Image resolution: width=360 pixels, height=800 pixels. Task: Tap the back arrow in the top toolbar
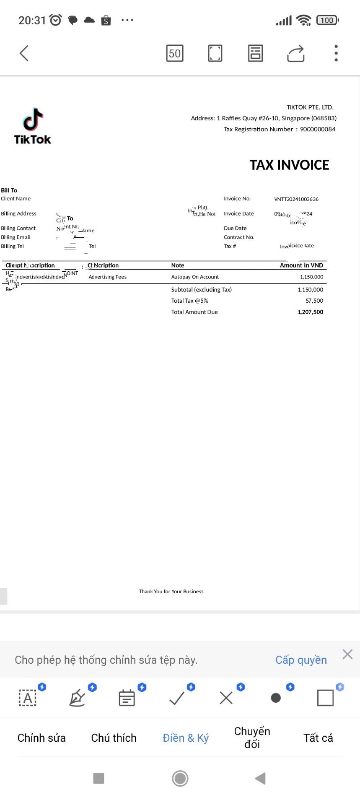pos(24,53)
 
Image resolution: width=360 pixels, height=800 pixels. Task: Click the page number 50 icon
pos(175,53)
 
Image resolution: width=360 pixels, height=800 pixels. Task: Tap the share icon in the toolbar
pos(296,53)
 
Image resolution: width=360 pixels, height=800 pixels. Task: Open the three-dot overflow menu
pos(336,53)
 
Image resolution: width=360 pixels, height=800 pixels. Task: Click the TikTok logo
pos(33,126)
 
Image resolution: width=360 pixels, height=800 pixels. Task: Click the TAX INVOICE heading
pos(289,165)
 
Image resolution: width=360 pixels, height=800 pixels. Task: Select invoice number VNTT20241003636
pos(296,199)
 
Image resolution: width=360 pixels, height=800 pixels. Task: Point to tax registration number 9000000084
pos(318,129)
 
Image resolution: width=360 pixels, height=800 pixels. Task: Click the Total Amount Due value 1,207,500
pos(310,312)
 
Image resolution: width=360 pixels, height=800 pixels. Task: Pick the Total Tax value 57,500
pos(314,301)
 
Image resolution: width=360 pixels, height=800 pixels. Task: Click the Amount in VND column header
pos(301,265)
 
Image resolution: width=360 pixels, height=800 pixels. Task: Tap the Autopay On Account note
pos(195,277)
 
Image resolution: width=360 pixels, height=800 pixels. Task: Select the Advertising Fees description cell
pos(107,277)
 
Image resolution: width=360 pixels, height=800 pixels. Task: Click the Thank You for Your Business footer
pos(171,592)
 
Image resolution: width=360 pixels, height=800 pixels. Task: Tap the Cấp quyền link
pos(301,660)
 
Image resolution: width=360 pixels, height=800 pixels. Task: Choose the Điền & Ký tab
pos(186,738)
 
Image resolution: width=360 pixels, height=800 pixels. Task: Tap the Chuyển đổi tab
pos(252,738)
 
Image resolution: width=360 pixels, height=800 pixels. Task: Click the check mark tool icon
pos(177,698)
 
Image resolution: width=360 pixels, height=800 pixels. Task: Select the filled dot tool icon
pos(276,698)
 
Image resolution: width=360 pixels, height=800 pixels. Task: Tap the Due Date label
pos(235,229)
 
